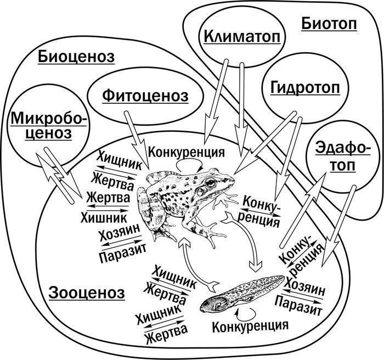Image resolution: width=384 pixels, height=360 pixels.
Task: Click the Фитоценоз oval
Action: pos(145,95)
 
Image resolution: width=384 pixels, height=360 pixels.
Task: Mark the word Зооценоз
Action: pos(87,291)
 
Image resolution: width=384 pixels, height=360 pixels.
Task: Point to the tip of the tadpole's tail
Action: pos(284,278)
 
